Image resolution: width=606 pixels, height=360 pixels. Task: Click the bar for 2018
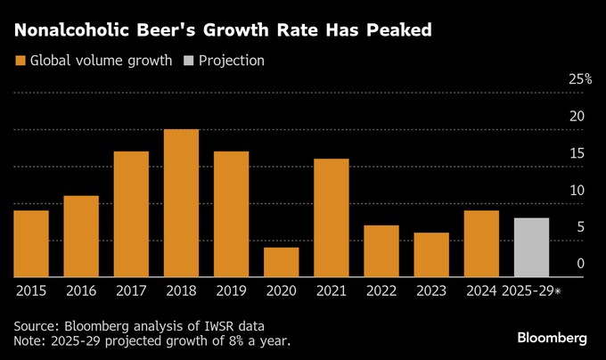pyautogui.click(x=181, y=203)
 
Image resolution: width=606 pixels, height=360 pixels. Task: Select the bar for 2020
pyautogui.click(x=281, y=262)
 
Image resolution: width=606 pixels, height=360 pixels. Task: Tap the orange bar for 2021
pyautogui.click(x=331, y=217)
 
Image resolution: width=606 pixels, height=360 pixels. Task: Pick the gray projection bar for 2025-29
pyautogui.click(x=531, y=247)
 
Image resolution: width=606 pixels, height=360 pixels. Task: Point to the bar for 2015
pyautogui.click(x=31, y=243)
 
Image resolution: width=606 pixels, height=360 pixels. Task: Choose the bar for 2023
pyautogui.click(x=431, y=255)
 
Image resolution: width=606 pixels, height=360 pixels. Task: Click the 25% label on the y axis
pyautogui.click(x=580, y=79)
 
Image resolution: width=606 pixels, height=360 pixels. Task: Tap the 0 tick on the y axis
pyautogui.click(x=580, y=263)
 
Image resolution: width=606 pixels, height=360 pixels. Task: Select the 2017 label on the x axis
pyautogui.click(x=131, y=290)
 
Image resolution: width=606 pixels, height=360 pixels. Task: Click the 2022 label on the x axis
pyautogui.click(x=381, y=290)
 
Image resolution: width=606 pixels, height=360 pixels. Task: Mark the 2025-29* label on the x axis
pyautogui.click(x=531, y=290)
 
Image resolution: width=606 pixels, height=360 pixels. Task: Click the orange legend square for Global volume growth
pyautogui.click(x=20, y=61)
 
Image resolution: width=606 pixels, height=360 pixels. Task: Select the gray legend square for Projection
pyautogui.click(x=188, y=61)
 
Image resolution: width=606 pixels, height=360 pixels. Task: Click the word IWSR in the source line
pyautogui.click(x=215, y=325)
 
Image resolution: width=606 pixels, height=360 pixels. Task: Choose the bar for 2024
pyautogui.click(x=481, y=243)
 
